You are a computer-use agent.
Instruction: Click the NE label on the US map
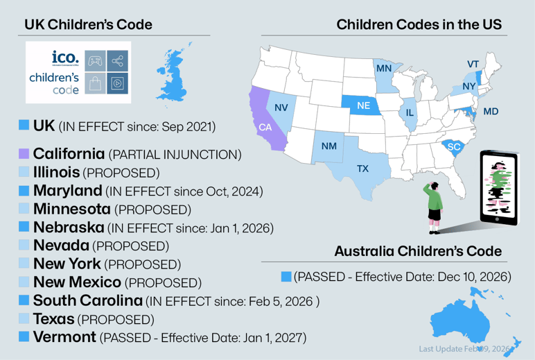click(x=363, y=105)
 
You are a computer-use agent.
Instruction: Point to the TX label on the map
click(x=362, y=169)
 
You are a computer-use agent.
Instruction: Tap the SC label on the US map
click(x=454, y=147)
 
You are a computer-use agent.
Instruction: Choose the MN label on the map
click(x=383, y=69)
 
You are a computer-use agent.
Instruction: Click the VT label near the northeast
click(x=473, y=65)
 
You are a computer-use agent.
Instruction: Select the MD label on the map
click(x=491, y=112)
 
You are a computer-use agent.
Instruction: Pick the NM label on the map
click(x=328, y=146)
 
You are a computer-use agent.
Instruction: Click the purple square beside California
click(x=24, y=153)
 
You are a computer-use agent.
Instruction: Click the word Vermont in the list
click(x=64, y=337)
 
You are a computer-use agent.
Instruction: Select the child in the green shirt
click(x=435, y=201)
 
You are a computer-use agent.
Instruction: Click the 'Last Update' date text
click(x=464, y=348)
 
